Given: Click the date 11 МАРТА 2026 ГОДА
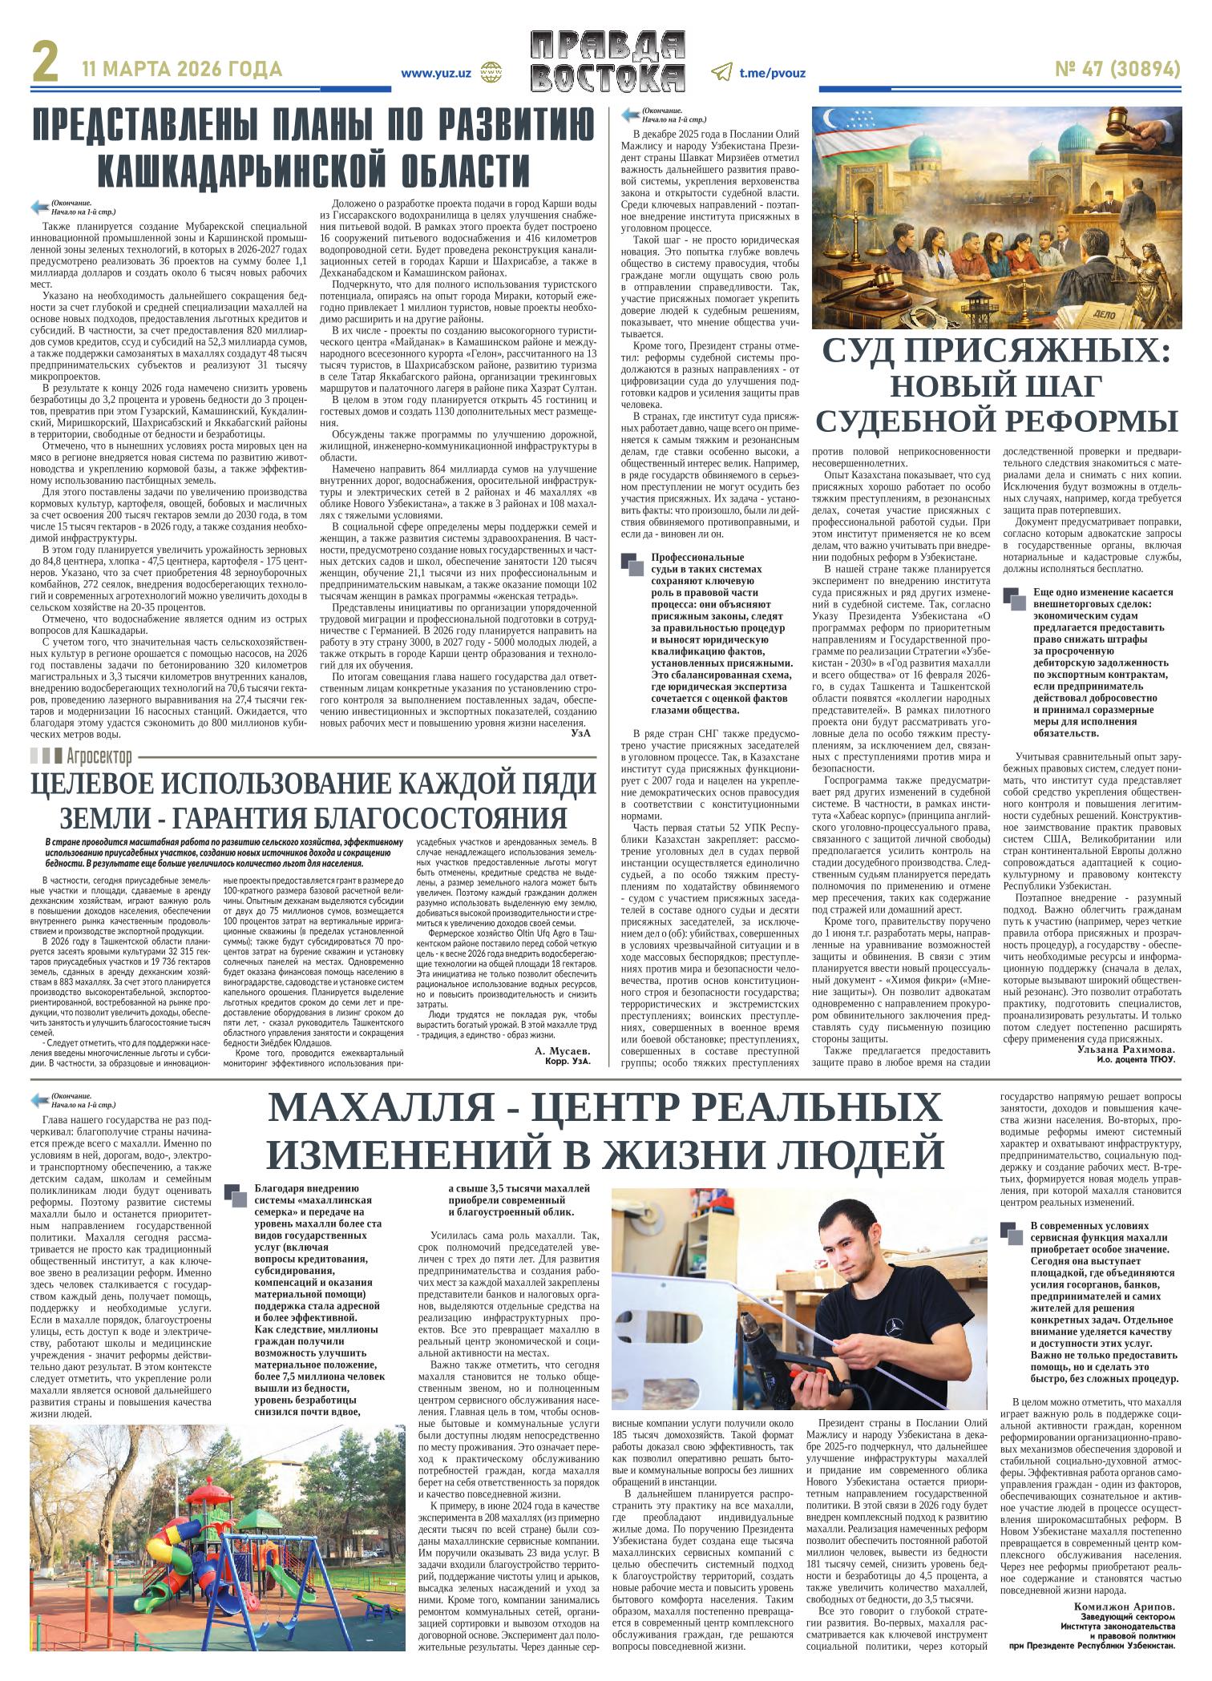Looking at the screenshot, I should (182, 70).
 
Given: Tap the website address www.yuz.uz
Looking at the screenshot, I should (436, 72).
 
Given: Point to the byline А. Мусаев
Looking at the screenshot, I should (560, 1050).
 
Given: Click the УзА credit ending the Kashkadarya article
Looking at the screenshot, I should (582, 732).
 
